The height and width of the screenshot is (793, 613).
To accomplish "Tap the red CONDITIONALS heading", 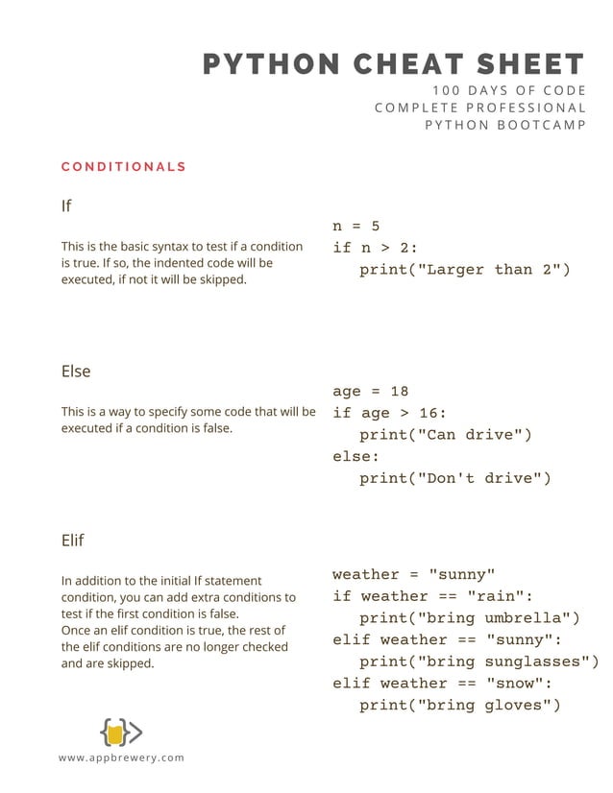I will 123,167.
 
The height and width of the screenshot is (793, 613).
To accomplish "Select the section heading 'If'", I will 66,205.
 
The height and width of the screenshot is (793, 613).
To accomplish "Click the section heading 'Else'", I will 76,371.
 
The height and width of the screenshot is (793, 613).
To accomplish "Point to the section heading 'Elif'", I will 72,540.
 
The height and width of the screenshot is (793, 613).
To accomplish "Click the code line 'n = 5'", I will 356,227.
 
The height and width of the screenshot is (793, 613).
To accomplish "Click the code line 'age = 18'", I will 371,391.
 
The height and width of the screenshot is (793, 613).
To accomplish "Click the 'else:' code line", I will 356,456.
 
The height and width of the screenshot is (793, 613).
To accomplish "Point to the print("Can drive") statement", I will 446,435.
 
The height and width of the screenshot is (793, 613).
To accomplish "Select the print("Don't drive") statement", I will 455,478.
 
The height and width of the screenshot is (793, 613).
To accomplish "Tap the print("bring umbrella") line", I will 470,618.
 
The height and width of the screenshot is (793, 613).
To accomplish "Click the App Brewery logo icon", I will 120,733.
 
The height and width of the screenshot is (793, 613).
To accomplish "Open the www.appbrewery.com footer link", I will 121,758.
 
